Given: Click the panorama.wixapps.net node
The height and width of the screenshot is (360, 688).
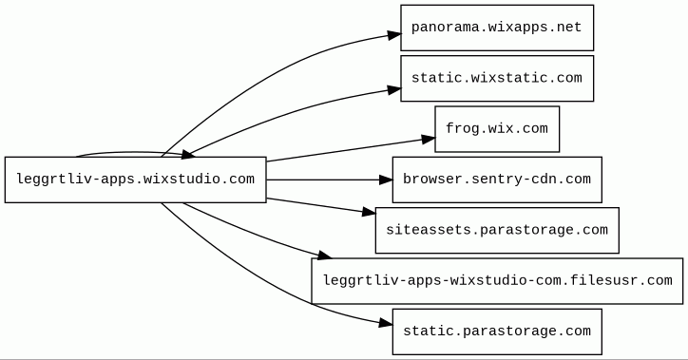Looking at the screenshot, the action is [497, 28].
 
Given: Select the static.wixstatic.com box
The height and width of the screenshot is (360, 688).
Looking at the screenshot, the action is [497, 78].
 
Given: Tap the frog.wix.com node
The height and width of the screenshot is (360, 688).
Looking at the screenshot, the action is [497, 129].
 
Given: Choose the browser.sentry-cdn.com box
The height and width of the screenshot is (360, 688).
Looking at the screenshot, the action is [497, 180].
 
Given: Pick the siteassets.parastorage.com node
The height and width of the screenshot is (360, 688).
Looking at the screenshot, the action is [497, 230].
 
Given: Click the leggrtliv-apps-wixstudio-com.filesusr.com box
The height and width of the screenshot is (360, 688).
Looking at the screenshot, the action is [497, 280].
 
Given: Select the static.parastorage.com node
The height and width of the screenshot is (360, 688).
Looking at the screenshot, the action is [497, 332].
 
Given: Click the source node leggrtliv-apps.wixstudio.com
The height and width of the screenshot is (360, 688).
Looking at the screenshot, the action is [135, 180].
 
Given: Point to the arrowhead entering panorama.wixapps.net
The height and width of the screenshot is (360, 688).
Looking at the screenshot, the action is [394, 34].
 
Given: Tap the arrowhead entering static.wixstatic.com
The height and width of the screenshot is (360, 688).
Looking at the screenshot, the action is [394, 89].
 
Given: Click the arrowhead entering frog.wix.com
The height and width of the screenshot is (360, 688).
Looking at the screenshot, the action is [429, 139].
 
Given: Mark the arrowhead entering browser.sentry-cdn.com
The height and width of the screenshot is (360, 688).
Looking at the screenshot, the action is [386, 180].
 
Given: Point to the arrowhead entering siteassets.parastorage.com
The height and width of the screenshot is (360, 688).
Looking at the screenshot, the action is [369, 213].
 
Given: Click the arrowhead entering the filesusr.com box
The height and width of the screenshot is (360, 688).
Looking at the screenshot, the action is [324, 255].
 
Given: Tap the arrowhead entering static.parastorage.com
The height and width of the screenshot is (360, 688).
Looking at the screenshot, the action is [385, 324].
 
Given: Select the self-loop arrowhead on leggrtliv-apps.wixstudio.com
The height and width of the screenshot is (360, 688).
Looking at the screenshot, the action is [188, 154].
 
